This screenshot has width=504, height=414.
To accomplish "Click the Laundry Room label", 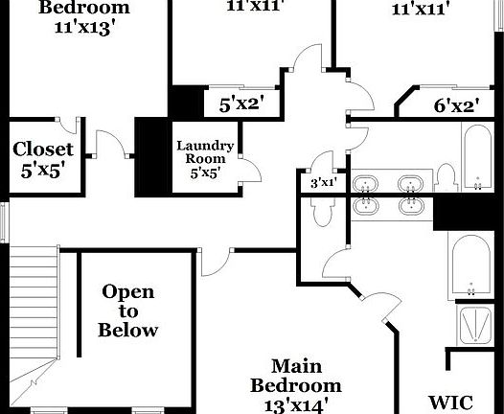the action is pos(205,152).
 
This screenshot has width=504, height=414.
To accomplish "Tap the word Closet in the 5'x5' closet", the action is pos(43,149).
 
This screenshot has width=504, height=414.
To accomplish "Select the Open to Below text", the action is pos(128,310).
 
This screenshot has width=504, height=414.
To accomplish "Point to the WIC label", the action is pos(451,402).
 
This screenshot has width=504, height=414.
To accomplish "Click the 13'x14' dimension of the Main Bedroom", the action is pos(296,405).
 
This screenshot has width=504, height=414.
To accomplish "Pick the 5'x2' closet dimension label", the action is pos(243,104).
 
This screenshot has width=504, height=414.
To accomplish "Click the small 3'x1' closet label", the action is pos(323,183).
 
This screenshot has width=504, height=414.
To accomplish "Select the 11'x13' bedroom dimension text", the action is pos(84,28).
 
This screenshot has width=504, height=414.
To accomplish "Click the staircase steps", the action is pos(34,302).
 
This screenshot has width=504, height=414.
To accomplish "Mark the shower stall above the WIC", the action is pos(475,325).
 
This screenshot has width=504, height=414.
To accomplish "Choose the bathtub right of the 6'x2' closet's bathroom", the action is pos(477,156).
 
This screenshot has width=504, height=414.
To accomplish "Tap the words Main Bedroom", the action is pos(296,376).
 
